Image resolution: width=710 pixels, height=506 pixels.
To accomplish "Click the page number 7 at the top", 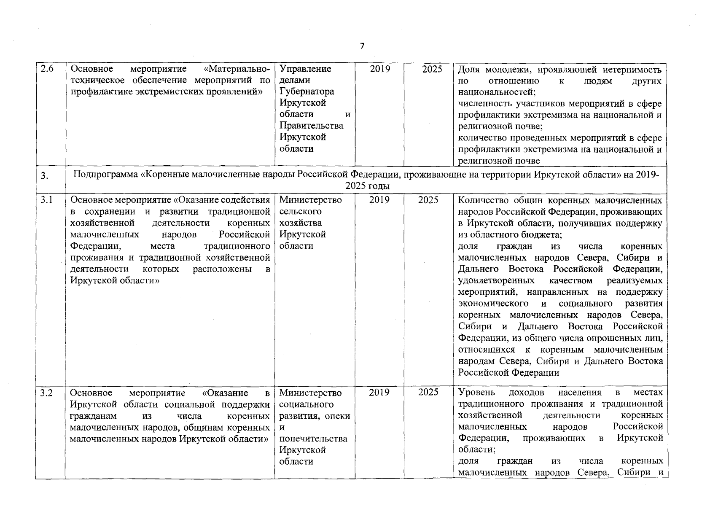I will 362,46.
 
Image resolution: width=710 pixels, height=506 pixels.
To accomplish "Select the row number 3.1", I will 46,200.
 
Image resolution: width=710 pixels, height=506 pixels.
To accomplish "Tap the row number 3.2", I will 46,393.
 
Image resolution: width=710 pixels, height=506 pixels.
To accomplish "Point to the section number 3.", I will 44,177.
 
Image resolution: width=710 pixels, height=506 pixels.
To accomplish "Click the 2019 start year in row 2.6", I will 380,69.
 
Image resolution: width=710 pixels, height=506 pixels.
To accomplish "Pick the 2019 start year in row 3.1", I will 379,200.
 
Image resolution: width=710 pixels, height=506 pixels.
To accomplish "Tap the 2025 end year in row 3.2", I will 428,393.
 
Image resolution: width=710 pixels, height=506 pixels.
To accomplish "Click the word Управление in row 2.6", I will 305,69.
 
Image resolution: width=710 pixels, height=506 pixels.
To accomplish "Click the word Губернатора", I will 307,92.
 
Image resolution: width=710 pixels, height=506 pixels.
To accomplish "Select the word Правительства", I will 311,126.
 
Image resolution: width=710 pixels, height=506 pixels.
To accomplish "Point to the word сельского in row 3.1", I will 300,212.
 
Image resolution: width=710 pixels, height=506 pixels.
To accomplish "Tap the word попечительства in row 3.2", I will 313,439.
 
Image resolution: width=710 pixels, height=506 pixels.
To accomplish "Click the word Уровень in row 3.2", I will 476,393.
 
